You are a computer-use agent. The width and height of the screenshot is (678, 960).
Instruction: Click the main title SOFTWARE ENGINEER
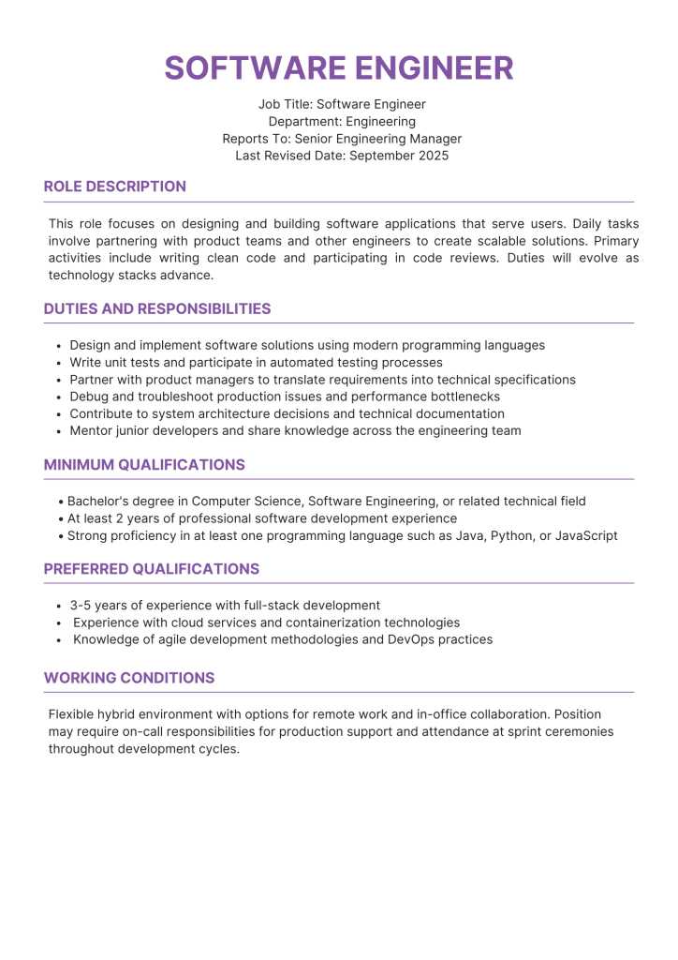click(339, 68)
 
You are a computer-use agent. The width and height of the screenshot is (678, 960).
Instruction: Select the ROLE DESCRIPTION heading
click(115, 187)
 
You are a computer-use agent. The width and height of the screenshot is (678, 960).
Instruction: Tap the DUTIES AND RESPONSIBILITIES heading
click(157, 308)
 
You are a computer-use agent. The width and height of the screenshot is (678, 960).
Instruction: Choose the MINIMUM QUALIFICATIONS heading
click(144, 465)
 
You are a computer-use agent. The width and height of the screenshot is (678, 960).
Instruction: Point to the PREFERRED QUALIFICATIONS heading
click(152, 569)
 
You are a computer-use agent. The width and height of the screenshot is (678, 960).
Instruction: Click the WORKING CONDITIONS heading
click(129, 678)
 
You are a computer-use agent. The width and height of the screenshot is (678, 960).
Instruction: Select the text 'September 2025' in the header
click(399, 156)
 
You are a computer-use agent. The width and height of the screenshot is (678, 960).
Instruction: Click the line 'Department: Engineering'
click(342, 122)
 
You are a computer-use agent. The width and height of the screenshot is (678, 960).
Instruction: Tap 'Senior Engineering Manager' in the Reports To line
click(378, 139)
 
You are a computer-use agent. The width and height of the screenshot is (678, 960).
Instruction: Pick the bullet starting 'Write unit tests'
click(256, 363)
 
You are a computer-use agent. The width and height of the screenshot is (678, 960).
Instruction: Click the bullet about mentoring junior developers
click(295, 431)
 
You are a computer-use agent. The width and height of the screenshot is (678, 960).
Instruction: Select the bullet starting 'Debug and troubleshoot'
click(285, 397)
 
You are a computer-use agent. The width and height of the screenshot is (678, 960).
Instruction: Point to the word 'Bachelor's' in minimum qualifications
click(98, 502)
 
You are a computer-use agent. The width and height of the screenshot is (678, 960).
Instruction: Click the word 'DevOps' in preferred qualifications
click(410, 639)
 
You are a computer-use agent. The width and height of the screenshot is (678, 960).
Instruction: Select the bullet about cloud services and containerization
click(266, 622)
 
